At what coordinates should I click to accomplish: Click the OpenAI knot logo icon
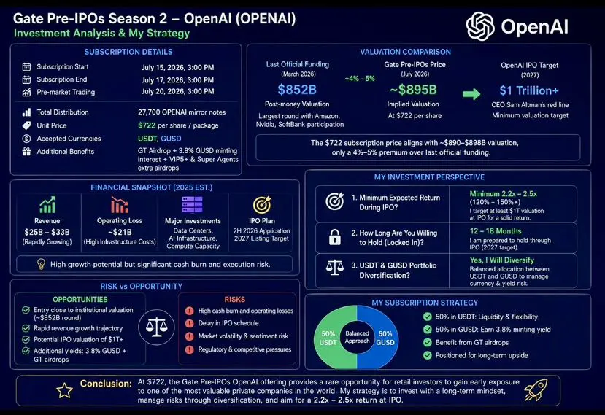click(x=480, y=26)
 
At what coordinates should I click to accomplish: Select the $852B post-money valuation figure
click(x=297, y=90)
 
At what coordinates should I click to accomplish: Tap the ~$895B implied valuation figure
click(x=413, y=90)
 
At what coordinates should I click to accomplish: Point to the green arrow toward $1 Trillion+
click(x=471, y=94)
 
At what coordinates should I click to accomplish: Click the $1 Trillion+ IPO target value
click(x=529, y=90)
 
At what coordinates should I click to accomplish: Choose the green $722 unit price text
click(x=147, y=125)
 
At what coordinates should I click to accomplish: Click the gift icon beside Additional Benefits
click(x=26, y=152)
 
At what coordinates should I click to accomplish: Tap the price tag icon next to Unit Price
click(x=26, y=125)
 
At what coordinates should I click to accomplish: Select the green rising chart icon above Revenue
click(x=47, y=205)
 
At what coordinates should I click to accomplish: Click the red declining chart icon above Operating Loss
click(x=120, y=205)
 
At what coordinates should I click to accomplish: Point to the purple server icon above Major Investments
click(x=192, y=205)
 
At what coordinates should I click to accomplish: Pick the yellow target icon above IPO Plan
click(x=262, y=205)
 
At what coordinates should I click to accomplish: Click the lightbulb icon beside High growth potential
click(x=41, y=264)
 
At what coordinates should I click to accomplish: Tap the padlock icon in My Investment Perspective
click(x=334, y=237)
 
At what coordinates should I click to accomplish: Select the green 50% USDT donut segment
click(x=333, y=338)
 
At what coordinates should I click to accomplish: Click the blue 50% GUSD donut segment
click(x=380, y=338)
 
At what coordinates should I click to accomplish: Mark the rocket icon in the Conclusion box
click(x=536, y=389)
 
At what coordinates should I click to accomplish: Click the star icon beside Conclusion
click(x=64, y=390)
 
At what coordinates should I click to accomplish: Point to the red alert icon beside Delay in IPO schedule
click(x=189, y=323)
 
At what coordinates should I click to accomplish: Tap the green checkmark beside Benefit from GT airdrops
click(x=427, y=343)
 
